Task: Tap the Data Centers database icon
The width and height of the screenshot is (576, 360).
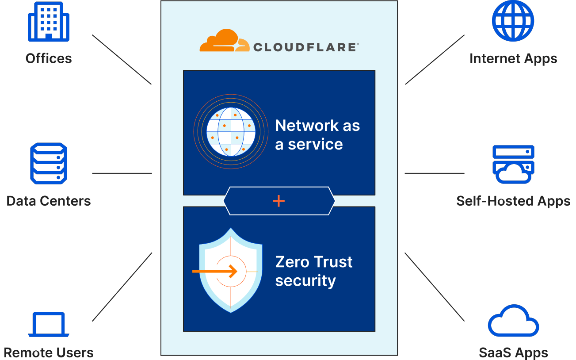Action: tap(49, 163)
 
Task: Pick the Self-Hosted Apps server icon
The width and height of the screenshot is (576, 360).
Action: tap(513, 164)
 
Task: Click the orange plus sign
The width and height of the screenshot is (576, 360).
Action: tap(278, 201)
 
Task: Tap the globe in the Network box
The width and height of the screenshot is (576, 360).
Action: tap(231, 131)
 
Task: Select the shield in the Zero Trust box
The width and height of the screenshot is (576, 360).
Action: tap(230, 270)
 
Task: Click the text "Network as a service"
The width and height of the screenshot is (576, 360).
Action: tap(317, 135)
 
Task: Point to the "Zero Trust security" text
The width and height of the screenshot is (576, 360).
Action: tap(314, 271)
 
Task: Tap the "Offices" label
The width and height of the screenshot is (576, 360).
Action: tap(49, 58)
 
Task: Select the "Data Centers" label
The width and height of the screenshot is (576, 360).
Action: tap(49, 201)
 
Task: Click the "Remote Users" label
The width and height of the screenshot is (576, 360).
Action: tap(49, 353)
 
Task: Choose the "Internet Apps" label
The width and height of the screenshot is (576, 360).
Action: tap(513, 58)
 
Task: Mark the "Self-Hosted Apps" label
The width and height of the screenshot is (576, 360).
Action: tap(513, 201)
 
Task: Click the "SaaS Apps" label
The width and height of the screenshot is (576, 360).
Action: tap(513, 353)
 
